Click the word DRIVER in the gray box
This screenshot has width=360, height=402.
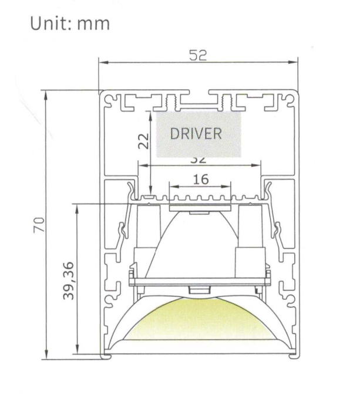tap(196, 134)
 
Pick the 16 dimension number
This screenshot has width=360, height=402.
tap(200, 179)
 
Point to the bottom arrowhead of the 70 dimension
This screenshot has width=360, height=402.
tap(45, 354)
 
